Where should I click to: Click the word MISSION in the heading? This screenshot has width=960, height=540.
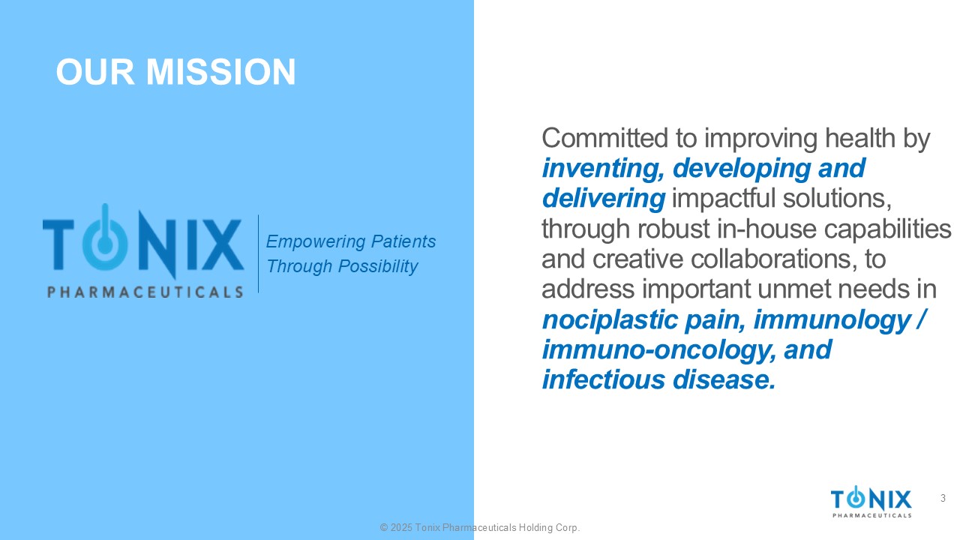tap(220, 71)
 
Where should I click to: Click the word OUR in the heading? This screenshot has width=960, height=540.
tap(95, 71)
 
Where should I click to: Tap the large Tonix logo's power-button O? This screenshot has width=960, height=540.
tap(105, 241)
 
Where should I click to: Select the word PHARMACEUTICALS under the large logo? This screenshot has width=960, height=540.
tap(145, 292)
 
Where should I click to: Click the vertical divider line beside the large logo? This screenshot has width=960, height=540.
tap(259, 253)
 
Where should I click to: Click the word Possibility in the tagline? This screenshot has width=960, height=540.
tap(377, 266)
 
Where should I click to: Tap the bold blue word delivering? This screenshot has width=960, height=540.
tap(604, 199)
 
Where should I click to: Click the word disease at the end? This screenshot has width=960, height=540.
tap(724, 380)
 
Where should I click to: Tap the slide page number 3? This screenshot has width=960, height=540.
tap(943, 498)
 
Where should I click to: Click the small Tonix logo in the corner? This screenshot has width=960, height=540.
tap(871, 502)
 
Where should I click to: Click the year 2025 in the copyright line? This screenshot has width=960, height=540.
tap(401, 527)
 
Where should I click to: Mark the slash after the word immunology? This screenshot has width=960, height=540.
tap(920, 319)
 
